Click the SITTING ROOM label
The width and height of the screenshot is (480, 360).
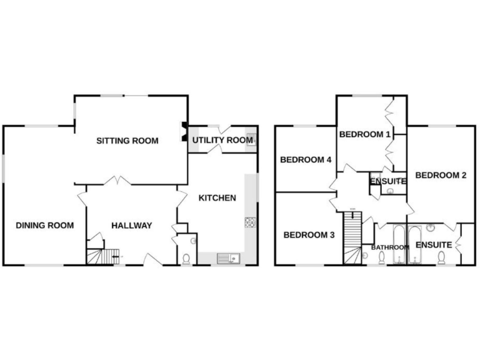pos(127,141)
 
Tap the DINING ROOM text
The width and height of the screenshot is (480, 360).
pos(45,226)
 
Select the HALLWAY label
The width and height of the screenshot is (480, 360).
pos(132,226)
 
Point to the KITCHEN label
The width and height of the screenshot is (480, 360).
pos(217,198)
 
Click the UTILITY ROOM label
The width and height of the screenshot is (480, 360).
pos(222,141)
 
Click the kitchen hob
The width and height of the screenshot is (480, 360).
pos(250,222)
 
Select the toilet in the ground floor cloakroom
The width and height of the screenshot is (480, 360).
pos(186,258)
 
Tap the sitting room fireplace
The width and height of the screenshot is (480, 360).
pos(184,132)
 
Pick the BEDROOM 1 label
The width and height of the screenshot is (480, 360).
pos(365,134)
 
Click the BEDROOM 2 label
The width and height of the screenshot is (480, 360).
pos(441,176)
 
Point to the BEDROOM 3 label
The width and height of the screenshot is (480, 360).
pos(309,236)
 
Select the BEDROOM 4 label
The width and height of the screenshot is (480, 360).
pos(306,160)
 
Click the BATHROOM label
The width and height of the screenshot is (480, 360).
pos(390,247)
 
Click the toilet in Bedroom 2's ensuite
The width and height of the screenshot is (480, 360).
pos(441,257)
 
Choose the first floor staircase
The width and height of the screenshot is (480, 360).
pos(352,237)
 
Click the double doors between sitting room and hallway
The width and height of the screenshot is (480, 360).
pos(117,181)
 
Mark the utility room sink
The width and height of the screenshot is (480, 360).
pos(251,140)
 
